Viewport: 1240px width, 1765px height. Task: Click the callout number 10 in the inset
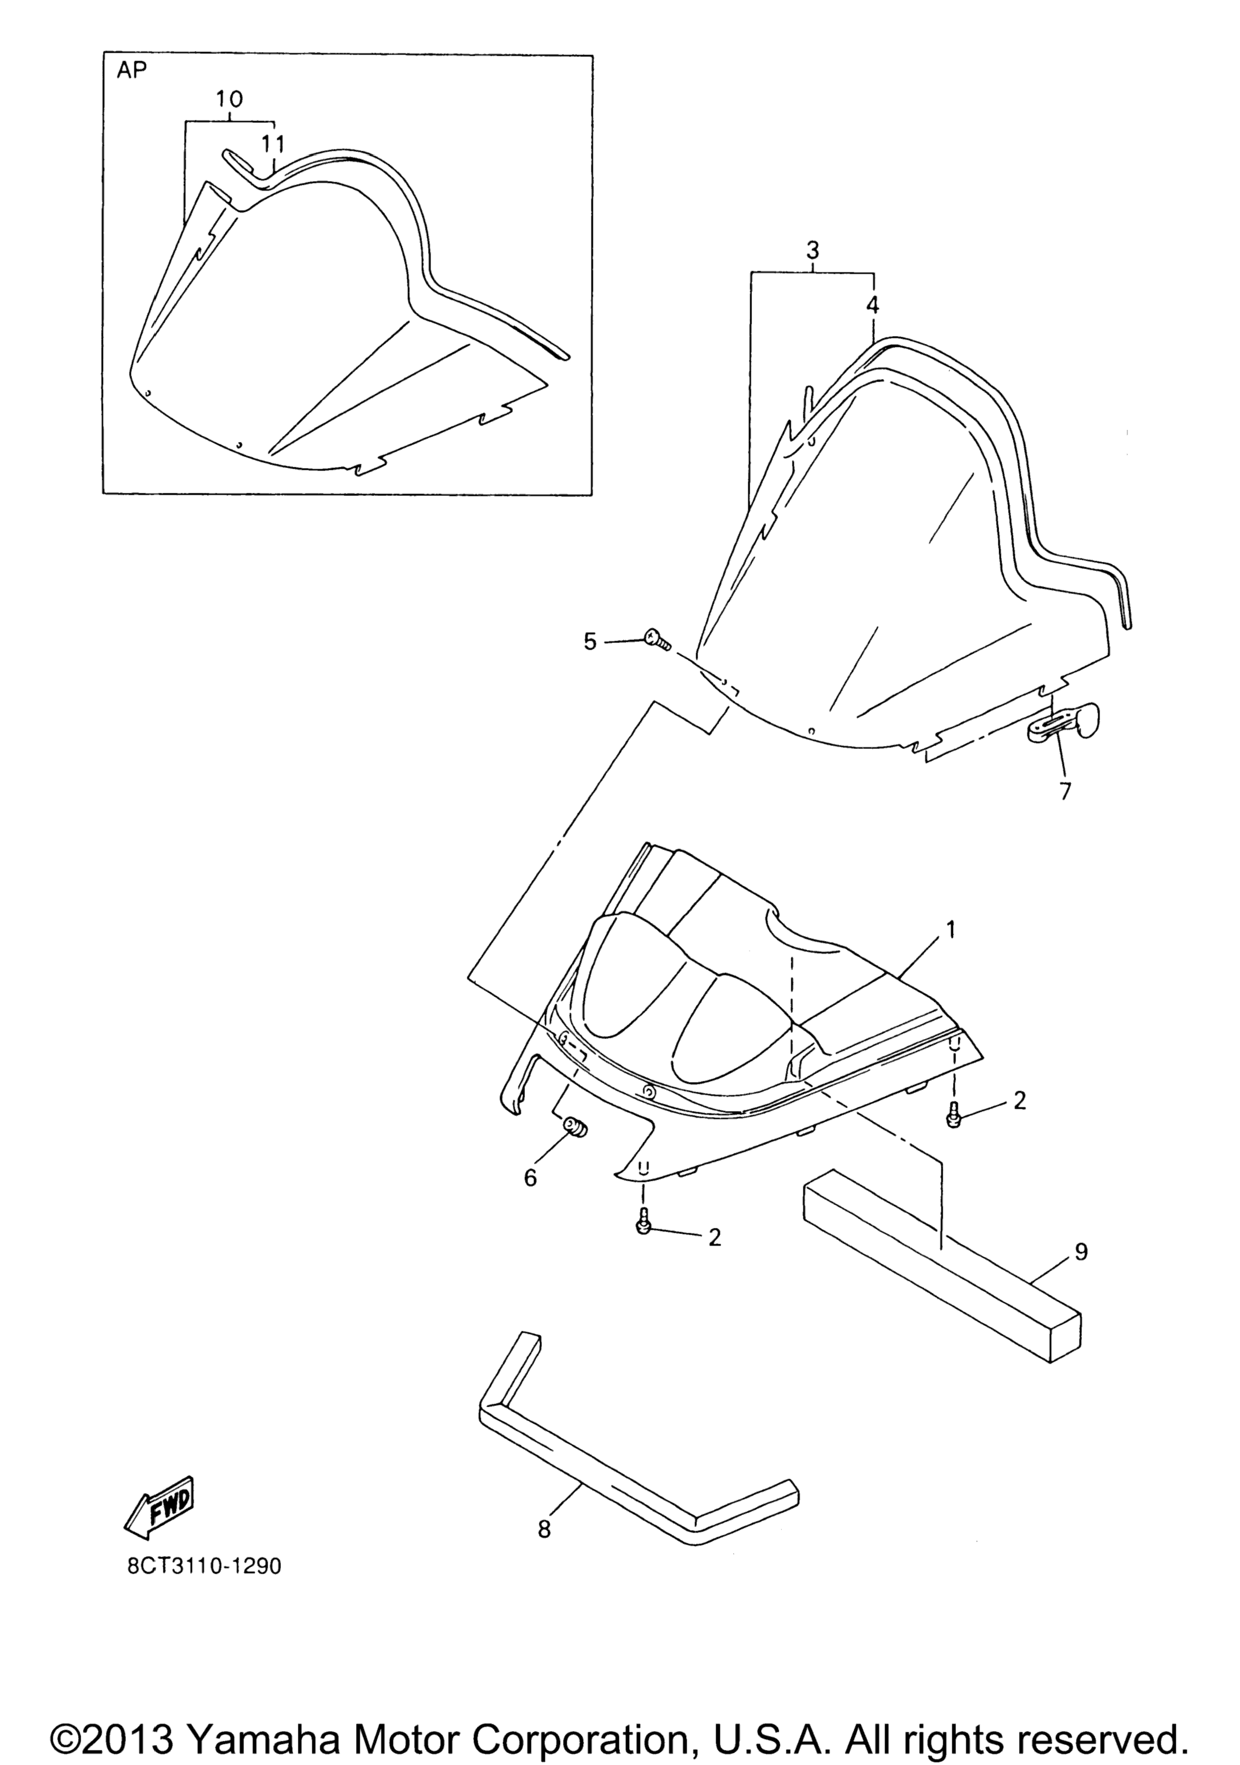click(x=230, y=99)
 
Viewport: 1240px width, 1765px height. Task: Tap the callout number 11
click(x=272, y=144)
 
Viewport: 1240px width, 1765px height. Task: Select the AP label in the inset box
click(x=132, y=71)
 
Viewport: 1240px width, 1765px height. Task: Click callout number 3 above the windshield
click(x=813, y=251)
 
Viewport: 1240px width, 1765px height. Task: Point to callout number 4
click(x=872, y=305)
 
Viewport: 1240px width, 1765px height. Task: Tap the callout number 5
click(x=590, y=642)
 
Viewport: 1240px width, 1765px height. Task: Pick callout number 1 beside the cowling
click(x=950, y=929)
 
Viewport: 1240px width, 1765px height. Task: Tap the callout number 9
click(x=1081, y=1252)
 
